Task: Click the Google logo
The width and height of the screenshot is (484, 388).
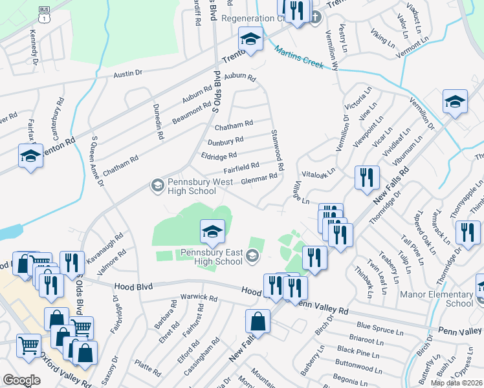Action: coord(21,380)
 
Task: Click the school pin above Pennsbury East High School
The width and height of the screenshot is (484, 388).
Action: coord(212,231)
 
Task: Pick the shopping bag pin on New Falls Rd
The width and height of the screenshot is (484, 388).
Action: coord(258,321)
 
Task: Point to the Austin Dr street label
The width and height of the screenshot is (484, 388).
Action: coord(127,75)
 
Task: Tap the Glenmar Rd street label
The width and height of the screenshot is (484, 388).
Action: coord(259,180)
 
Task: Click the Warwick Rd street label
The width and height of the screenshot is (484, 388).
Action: coord(199,298)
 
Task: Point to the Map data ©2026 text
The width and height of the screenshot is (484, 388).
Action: coord(456,383)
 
